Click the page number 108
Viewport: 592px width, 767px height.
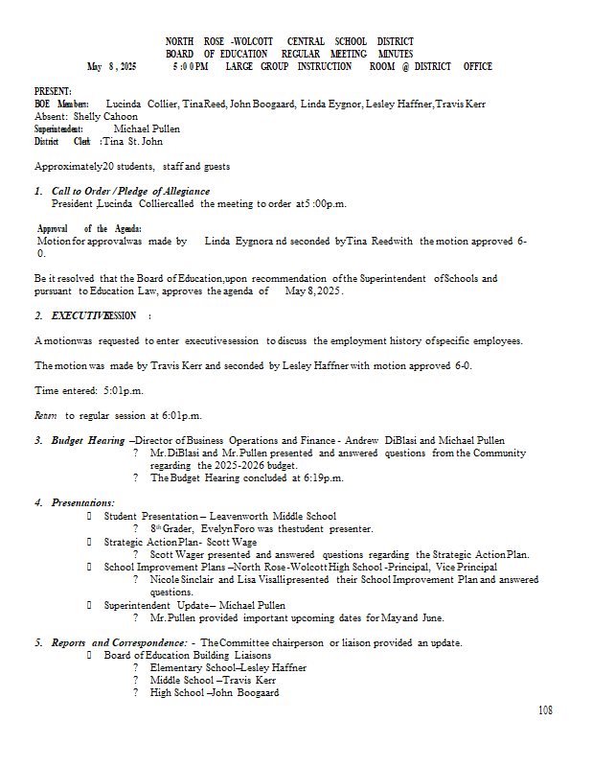[545, 710]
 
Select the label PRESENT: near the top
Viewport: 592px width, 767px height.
[54, 89]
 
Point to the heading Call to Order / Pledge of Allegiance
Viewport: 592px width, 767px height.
[130, 192]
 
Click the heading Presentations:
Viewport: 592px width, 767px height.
[82, 503]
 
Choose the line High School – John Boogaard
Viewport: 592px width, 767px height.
[215, 692]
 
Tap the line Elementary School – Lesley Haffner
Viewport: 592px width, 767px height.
[228, 667]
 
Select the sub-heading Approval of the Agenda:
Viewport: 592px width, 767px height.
[89, 228]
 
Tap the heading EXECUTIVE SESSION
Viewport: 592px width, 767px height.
[94, 316]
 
